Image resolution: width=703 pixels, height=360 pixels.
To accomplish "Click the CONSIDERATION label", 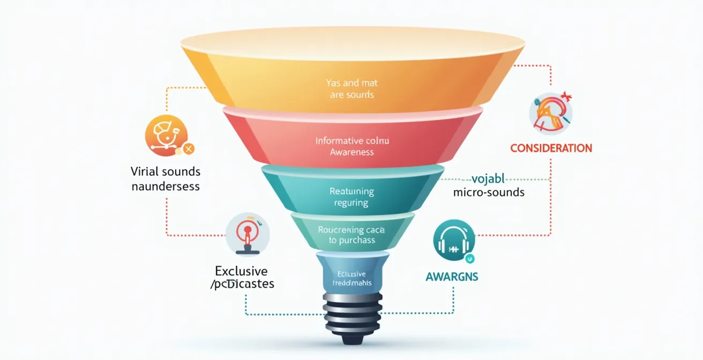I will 551,148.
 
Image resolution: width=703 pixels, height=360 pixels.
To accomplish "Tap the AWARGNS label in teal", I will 452,277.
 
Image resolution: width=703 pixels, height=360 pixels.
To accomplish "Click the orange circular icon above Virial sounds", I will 166,136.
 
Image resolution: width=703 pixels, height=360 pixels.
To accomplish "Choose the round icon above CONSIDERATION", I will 550,113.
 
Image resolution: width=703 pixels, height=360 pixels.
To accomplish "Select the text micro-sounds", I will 489,192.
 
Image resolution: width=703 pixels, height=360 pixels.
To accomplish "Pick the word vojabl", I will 489,179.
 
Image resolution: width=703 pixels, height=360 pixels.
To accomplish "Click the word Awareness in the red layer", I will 351,152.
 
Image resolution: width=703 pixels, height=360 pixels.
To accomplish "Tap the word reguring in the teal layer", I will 351,203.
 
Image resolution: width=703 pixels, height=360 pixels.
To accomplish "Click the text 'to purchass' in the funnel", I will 351,241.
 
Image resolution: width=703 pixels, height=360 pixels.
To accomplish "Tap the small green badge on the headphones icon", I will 470,259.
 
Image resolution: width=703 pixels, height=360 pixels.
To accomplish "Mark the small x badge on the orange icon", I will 188,149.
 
